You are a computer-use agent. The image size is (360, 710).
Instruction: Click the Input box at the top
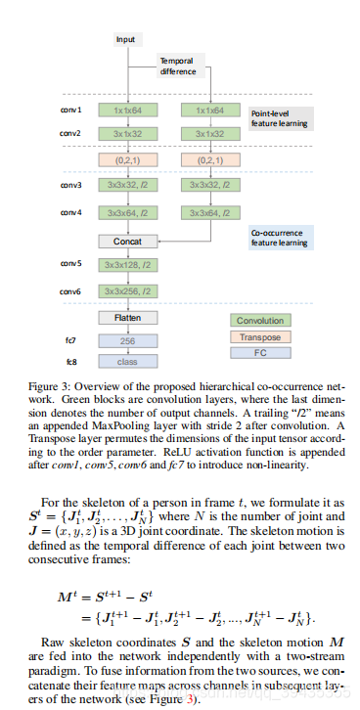(126, 40)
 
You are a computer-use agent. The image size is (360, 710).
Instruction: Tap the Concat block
(126, 240)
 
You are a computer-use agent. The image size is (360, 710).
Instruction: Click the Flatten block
(126, 318)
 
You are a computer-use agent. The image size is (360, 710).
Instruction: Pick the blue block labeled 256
(126, 342)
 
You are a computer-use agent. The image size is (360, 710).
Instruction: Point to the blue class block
(126, 361)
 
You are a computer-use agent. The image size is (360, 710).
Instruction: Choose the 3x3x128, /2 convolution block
(126, 265)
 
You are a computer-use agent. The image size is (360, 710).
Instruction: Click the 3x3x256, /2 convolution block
(126, 291)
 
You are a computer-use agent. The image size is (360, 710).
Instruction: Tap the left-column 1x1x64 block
(126, 111)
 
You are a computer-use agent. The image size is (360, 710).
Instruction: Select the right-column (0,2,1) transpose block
(209, 159)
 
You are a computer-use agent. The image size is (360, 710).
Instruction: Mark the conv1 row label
(71, 111)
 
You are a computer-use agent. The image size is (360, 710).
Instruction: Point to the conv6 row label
(71, 291)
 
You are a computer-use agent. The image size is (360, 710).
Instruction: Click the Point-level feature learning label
(280, 118)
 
